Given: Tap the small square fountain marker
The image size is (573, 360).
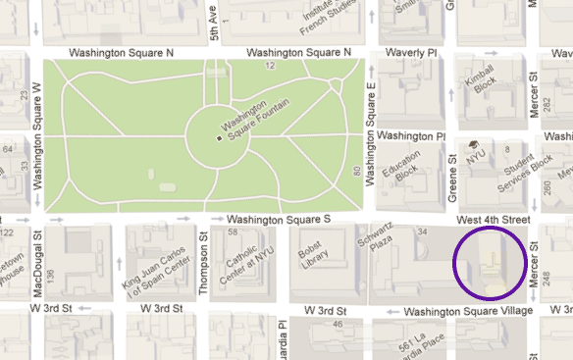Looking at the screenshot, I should pyautogui.click(x=219, y=139).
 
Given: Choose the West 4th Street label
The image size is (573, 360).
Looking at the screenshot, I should pyautogui.click(x=493, y=219).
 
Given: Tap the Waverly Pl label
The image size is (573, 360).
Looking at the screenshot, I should pyautogui.click(x=412, y=52).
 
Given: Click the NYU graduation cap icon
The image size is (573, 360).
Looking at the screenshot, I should pyautogui.click(x=473, y=144).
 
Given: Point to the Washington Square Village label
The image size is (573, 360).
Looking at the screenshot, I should pyautogui.click(x=468, y=311).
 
